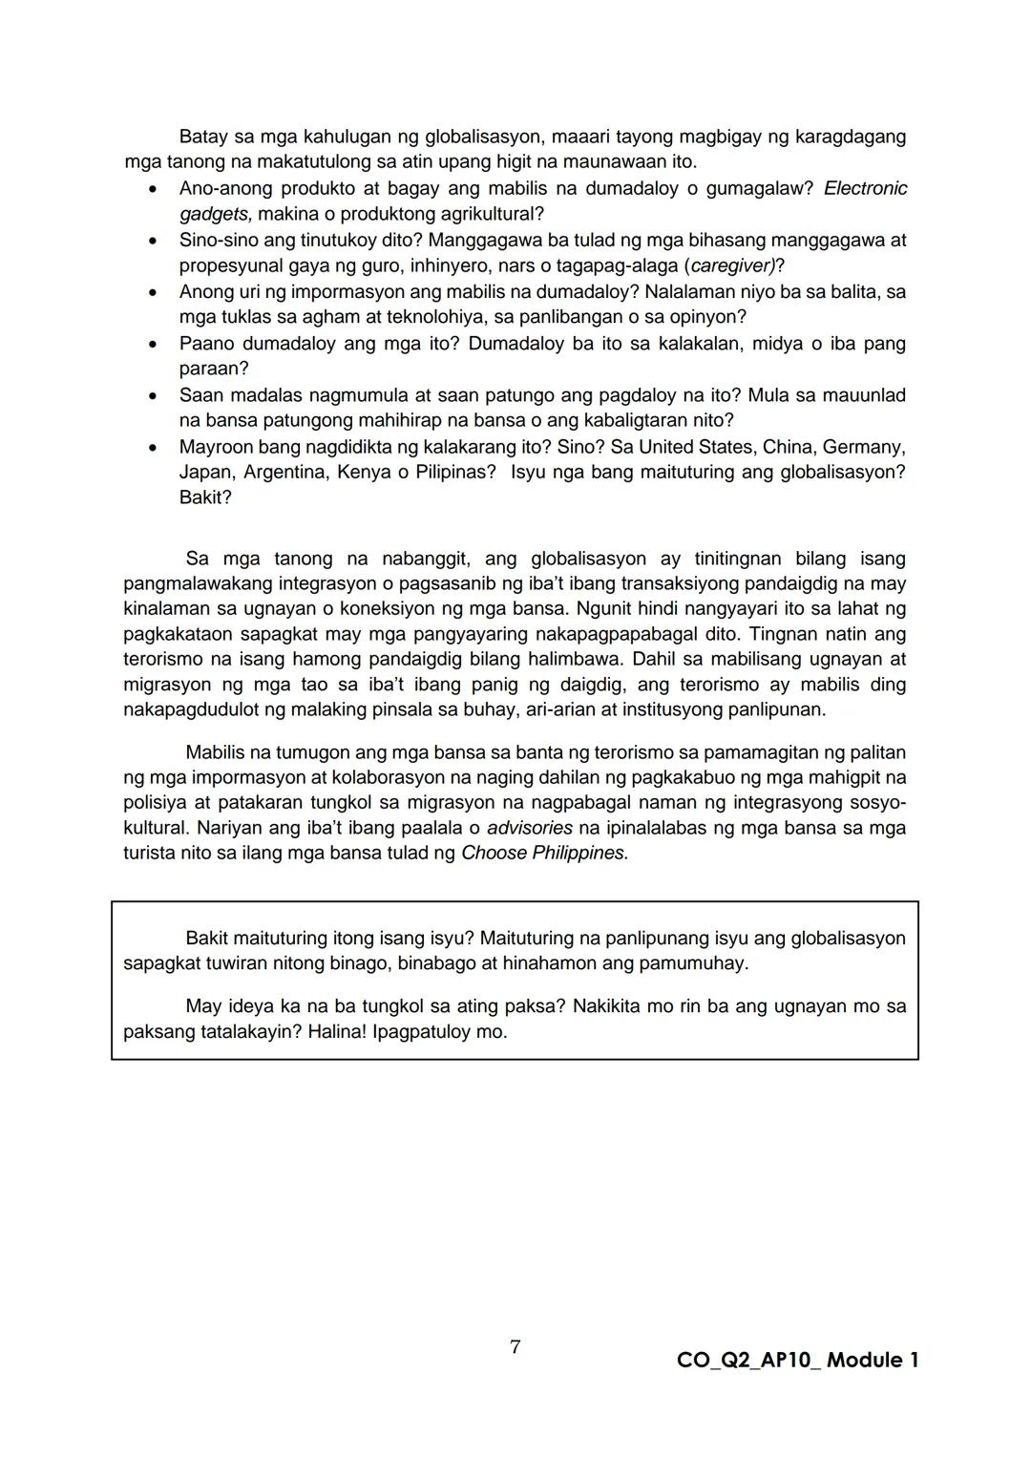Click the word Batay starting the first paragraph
(x=203, y=137)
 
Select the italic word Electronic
(x=865, y=188)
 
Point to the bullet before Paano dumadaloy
(x=152, y=344)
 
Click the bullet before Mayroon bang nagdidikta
(x=152, y=447)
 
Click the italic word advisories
(x=529, y=828)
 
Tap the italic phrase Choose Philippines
(x=544, y=853)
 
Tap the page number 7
(x=515, y=1347)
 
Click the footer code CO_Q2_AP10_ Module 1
(x=797, y=1361)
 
